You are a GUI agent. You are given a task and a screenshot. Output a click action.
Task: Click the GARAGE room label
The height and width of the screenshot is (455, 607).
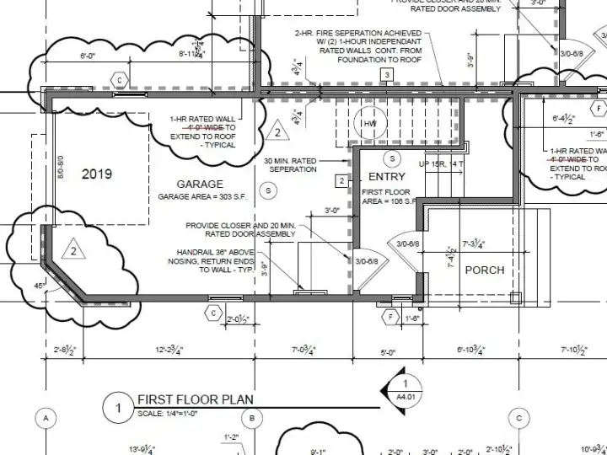200,184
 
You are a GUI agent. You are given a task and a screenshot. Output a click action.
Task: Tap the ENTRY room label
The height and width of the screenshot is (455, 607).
387,177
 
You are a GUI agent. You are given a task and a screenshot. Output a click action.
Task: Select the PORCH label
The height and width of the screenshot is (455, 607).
485,270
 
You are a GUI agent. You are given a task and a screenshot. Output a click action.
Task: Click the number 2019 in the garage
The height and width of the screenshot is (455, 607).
97,174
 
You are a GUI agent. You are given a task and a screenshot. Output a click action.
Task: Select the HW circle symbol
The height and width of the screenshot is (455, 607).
368,123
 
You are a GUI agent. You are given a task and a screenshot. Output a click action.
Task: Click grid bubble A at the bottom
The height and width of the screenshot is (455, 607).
46,418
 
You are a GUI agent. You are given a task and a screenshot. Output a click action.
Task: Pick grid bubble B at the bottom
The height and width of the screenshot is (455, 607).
251,418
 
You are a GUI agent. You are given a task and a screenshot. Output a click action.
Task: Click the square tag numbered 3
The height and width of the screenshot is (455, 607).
387,76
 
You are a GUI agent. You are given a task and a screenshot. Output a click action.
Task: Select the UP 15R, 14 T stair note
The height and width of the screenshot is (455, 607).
441,163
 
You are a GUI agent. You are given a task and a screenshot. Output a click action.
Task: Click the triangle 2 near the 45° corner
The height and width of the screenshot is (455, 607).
73,250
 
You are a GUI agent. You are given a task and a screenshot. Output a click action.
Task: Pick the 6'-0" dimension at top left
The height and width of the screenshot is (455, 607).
88,56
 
